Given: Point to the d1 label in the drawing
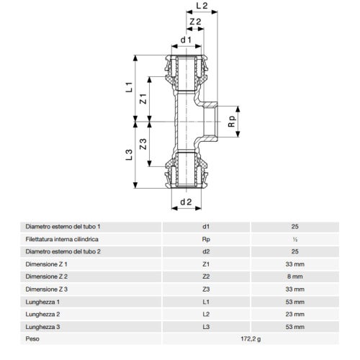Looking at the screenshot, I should click(x=185, y=40).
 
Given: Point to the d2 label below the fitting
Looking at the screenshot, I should click(x=185, y=202).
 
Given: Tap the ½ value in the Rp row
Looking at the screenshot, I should click(x=294, y=239).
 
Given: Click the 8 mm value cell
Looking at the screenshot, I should click(x=294, y=276).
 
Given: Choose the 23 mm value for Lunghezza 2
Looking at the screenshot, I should click(x=294, y=314).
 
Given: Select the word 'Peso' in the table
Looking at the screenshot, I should click(x=32, y=339).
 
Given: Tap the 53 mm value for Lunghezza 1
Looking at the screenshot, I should click(x=294, y=302).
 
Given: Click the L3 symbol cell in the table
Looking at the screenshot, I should click(x=206, y=326).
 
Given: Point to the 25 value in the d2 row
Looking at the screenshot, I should click(x=294, y=251).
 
